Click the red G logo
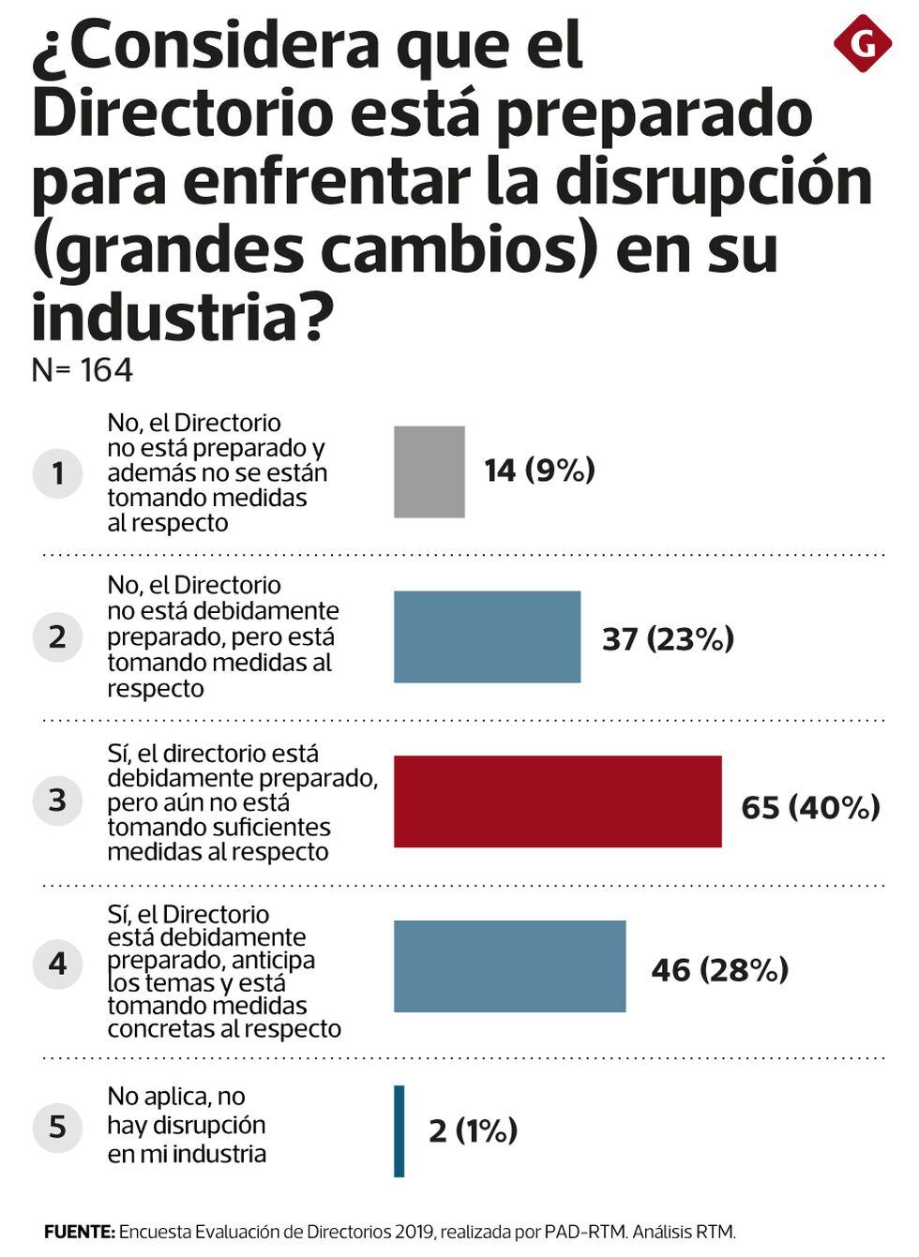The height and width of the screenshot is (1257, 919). (862, 43)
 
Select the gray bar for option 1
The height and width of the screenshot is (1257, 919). (429, 471)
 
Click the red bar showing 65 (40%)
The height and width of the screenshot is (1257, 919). (557, 801)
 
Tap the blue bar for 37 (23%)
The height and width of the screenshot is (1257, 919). (487, 636)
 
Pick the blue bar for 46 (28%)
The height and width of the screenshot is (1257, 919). (509, 966)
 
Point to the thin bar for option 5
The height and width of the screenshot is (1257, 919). (399, 1130)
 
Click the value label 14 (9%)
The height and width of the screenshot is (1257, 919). (539, 470)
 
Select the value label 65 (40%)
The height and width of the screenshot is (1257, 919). (810, 807)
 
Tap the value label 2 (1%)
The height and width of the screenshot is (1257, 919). (473, 1130)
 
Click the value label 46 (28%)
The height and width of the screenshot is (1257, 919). (719, 969)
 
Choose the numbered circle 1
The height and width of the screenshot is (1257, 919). (57, 472)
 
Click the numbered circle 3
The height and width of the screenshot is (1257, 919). (57, 801)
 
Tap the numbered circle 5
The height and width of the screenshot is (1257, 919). (57, 1126)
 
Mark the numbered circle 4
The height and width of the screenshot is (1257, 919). (57, 964)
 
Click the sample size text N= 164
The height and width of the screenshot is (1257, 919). (83, 370)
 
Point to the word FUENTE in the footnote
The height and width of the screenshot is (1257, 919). (79, 1232)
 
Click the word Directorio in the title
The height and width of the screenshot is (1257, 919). (183, 112)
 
